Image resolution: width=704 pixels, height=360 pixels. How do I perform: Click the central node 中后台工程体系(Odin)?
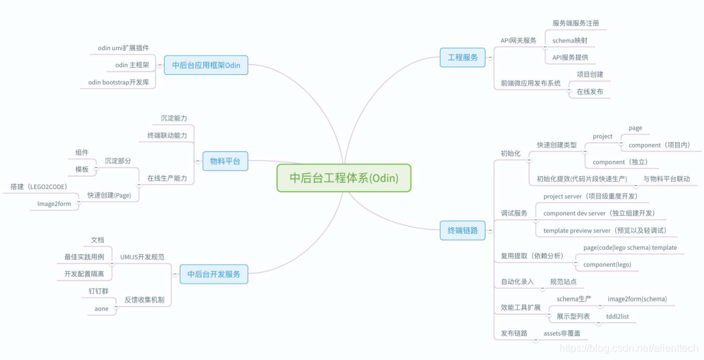point(344,178)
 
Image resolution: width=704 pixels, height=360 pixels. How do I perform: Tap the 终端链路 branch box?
point(462,230)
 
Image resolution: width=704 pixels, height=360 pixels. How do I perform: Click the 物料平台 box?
point(225,161)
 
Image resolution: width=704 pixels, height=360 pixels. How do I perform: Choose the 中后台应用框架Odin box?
point(206,65)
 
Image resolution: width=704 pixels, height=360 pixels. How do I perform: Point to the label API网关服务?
point(518,40)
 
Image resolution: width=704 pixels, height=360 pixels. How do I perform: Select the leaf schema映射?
point(569,40)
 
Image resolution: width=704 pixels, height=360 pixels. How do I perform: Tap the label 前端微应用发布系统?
point(530,83)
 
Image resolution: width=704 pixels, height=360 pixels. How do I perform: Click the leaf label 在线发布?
point(590,92)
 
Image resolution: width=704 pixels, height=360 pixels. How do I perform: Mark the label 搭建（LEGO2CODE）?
point(38,187)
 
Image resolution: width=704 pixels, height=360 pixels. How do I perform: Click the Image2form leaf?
point(54,204)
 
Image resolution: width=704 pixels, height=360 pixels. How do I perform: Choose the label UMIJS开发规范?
point(142,258)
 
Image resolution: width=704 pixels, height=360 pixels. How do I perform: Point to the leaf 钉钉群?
point(98,292)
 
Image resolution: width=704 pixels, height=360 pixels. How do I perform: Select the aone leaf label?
point(102,308)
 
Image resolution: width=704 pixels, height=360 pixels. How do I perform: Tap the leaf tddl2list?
point(617,316)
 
